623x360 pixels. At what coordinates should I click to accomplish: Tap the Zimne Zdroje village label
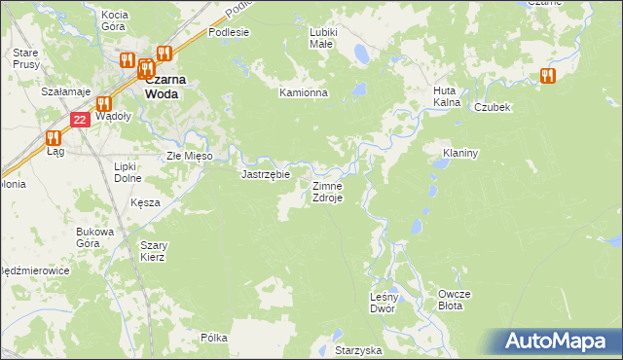(x=326, y=192)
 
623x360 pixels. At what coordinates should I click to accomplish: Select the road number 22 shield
(x=80, y=119)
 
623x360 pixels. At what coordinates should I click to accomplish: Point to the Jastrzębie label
(x=266, y=175)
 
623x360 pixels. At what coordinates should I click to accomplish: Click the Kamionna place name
(x=303, y=93)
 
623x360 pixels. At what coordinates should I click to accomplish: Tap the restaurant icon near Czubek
(x=546, y=75)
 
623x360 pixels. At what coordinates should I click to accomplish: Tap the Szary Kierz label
(x=152, y=251)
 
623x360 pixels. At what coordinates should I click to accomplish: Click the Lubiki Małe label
(x=322, y=38)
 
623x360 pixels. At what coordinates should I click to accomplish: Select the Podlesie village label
(x=229, y=32)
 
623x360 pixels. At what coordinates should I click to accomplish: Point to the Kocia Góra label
(x=115, y=21)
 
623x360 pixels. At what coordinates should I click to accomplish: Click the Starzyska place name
(x=356, y=348)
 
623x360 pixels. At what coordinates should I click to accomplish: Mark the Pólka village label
(x=213, y=338)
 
